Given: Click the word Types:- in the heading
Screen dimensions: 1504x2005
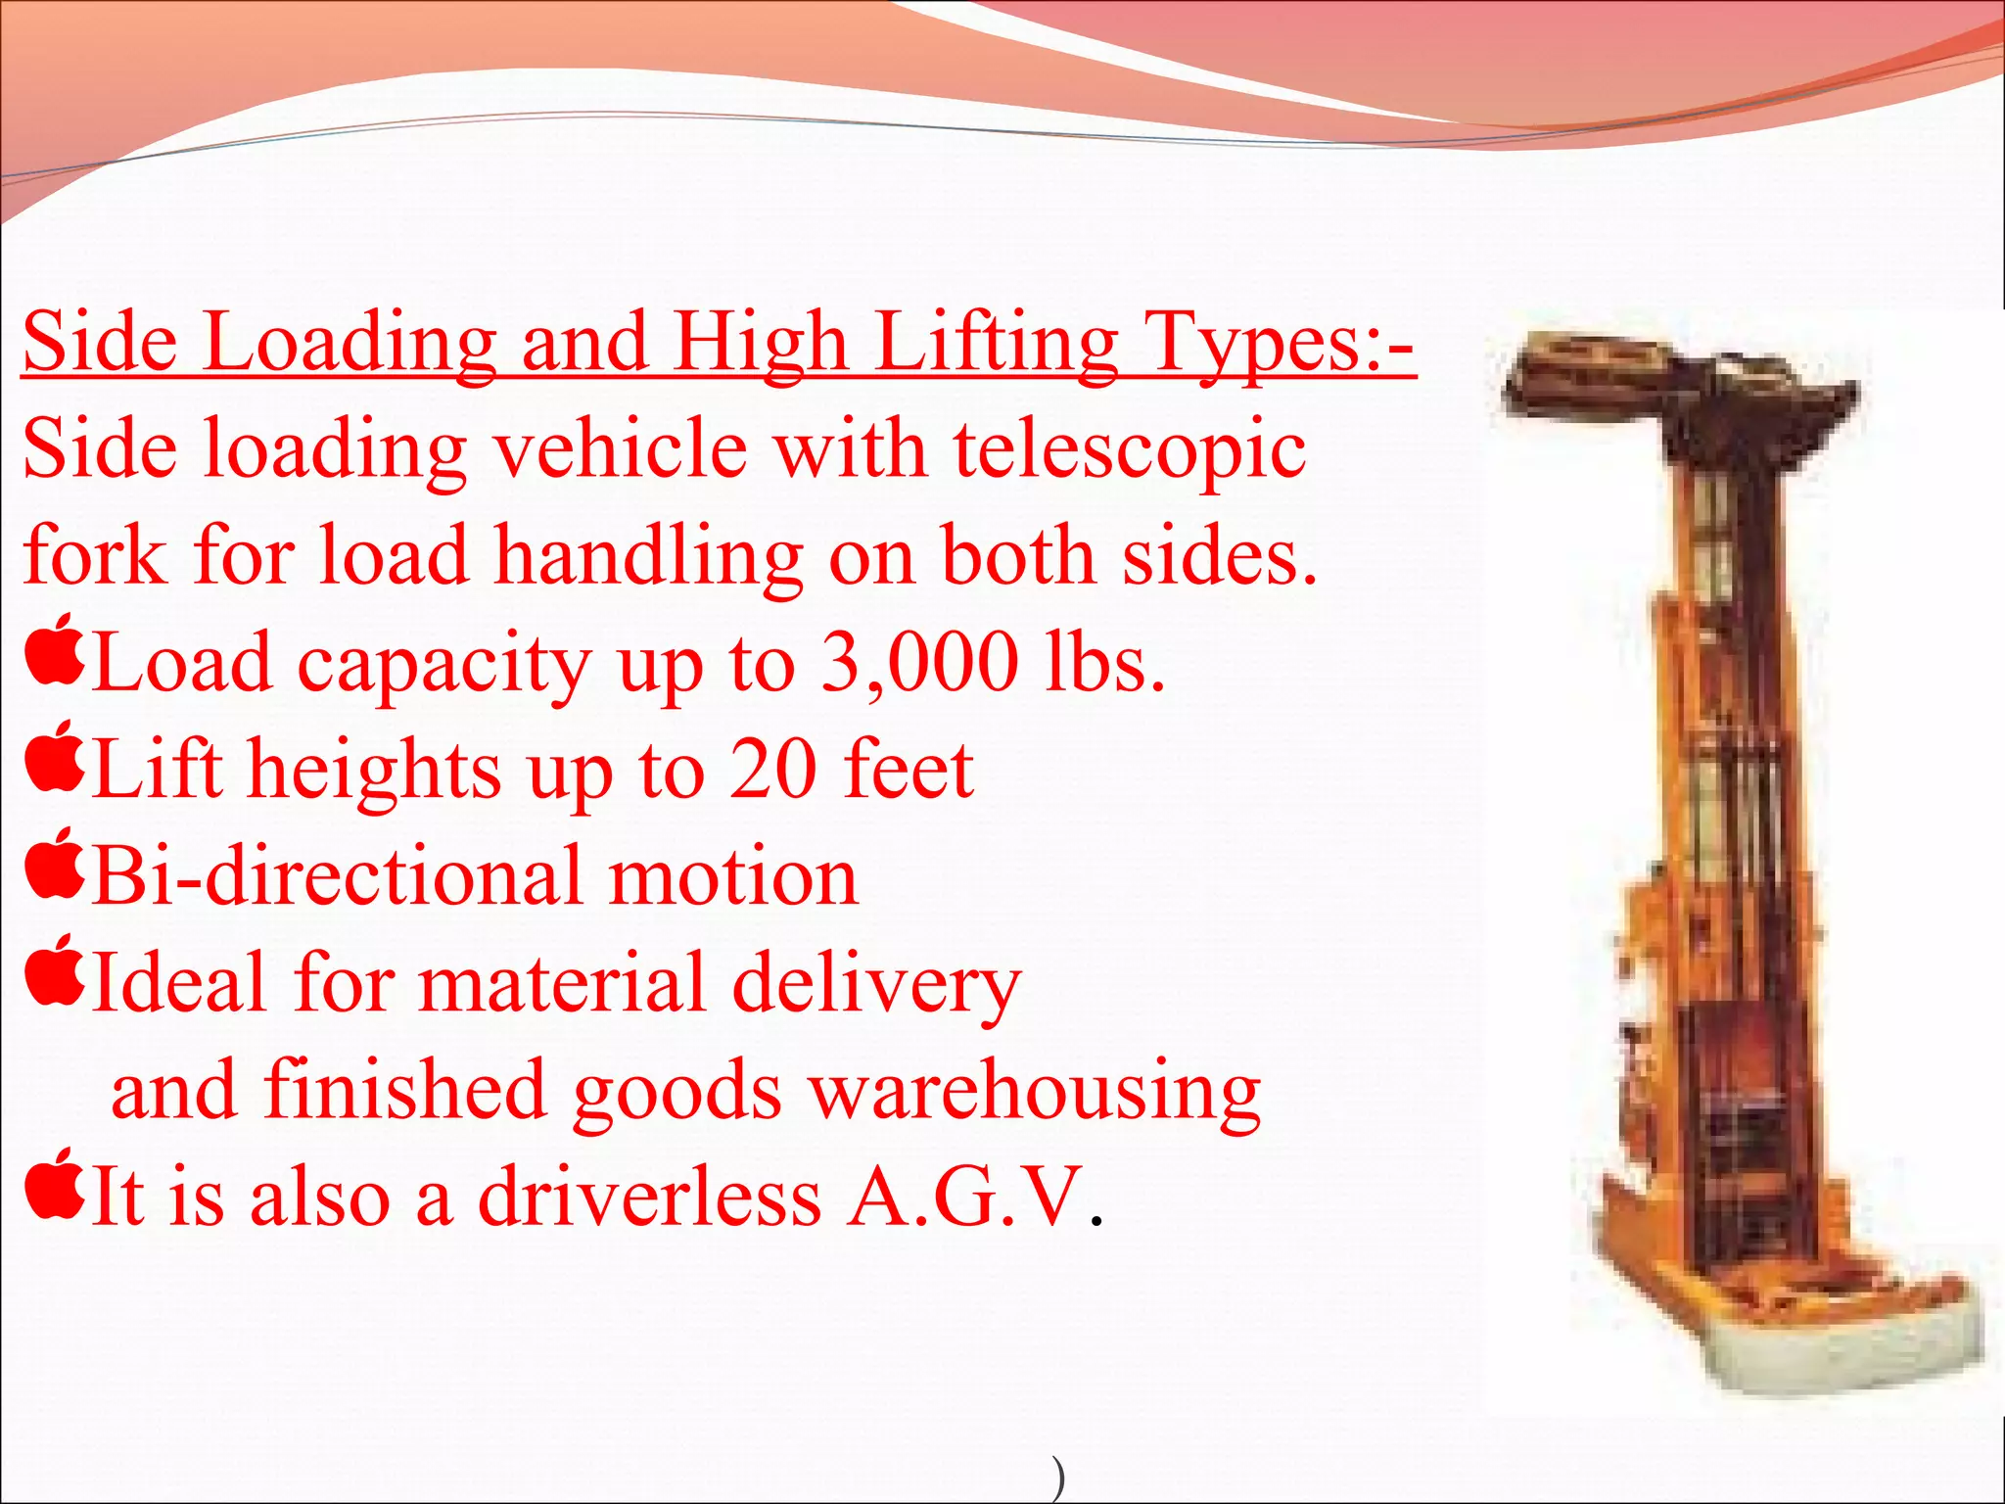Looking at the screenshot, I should coord(1282,344).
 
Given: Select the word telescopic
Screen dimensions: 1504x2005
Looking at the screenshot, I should coord(1130,449).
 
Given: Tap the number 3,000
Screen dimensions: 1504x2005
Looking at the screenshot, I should coord(918,663).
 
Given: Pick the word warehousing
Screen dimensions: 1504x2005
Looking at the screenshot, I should coord(1036,1090).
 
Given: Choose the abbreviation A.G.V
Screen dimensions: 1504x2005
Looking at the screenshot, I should coord(966,1196).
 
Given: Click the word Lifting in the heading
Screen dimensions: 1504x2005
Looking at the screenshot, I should coord(996,344).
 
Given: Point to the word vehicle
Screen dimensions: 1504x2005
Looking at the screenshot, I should coord(621,449).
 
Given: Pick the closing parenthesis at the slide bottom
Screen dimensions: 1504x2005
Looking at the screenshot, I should coord(1058,1480).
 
